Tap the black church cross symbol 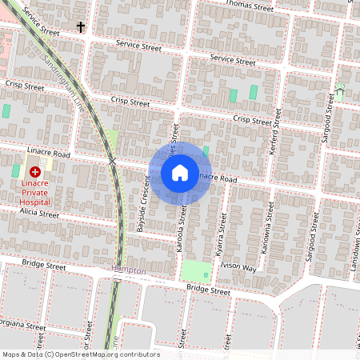point(80,27)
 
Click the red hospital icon point(34,171)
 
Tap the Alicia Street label point(39,214)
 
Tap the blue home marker point(180,172)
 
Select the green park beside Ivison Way point(198,271)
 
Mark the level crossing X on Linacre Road point(113,162)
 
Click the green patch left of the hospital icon point(15,170)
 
